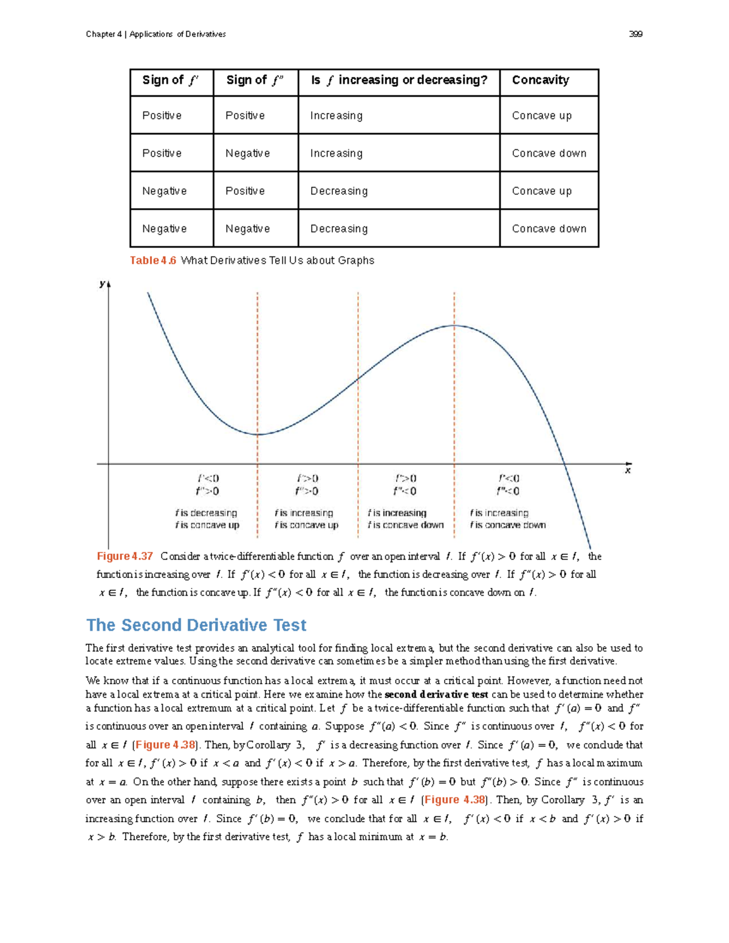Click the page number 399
click(x=635, y=34)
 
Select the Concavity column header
click(x=540, y=80)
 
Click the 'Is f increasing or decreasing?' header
click(x=399, y=80)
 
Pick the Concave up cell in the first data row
click(x=541, y=115)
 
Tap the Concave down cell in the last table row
click(x=549, y=229)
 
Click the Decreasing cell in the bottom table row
click(x=338, y=229)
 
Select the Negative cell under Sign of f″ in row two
click(x=247, y=154)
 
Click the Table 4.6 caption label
click(x=153, y=260)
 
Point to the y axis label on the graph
click(x=102, y=284)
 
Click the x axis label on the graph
click(x=628, y=471)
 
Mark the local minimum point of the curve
click(x=258, y=434)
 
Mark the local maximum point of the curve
click(x=454, y=325)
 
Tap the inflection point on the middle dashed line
click(x=358, y=378)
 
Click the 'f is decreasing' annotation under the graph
click(x=206, y=513)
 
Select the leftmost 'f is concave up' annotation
click(x=207, y=525)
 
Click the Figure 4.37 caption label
click(x=125, y=556)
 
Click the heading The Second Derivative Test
click(x=196, y=625)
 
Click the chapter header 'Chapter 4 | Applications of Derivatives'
click(x=156, y=34)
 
